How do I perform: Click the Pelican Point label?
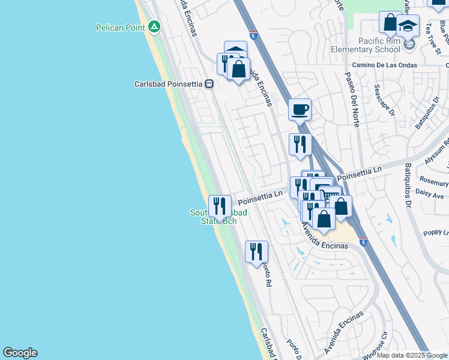122,28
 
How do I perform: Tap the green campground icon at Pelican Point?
155,27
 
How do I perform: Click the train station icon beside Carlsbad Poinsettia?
209,84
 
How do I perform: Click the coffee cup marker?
300,110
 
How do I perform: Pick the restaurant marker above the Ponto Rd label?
256,251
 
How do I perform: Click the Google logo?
20,353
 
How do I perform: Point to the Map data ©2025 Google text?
412,355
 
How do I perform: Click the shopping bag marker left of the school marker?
390,23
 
